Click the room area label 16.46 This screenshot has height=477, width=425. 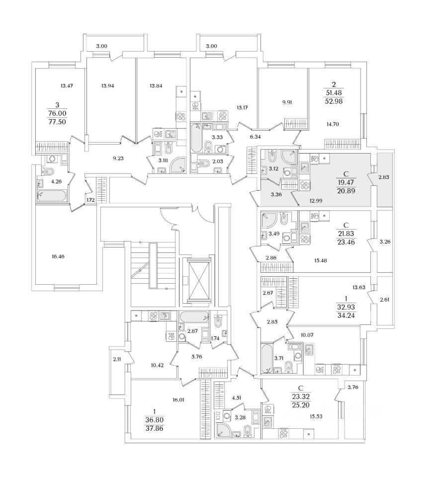click(x=58, y=257)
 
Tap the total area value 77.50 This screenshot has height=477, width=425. click(x=58, y=121)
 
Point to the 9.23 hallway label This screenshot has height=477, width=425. click(x=118, y=159)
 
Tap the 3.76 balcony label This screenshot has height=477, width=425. click(x=353, y=387)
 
